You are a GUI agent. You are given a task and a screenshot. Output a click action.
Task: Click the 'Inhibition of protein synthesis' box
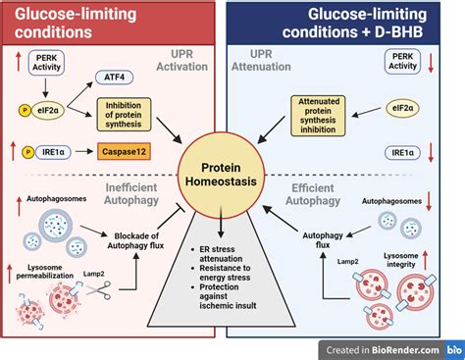click(129, 113)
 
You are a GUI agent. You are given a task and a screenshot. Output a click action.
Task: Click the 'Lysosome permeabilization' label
click(43, 276)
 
